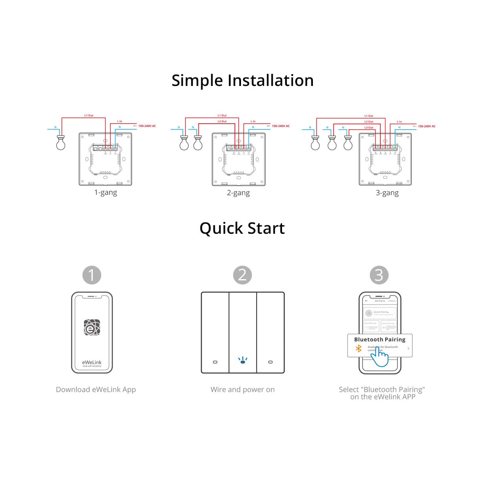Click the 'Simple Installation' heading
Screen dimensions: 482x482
tap(242, 80)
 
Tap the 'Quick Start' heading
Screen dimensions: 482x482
tap(242, 228)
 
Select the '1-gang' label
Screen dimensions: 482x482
tap(106, 192)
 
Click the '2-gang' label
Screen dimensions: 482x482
tap(238, 193)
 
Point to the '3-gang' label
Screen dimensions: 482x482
tap(387, 193)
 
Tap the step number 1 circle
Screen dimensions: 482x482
tap(92, 275)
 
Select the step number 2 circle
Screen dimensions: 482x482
tap(242, 275)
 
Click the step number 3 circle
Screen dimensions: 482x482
tap(379, 275)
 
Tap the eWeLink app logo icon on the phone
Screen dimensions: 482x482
tap(92, 327)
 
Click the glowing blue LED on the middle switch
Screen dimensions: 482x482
tap(243, 361)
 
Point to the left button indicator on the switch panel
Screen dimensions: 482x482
tap(215, 362)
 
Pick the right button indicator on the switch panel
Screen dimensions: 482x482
tap(270, 362)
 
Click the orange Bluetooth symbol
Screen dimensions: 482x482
tap(359, 349)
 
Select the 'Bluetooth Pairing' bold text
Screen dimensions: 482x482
tap(380, 339)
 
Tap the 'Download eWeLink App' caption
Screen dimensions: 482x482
tap(96, 389)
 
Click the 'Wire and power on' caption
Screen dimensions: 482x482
tap(242, 389)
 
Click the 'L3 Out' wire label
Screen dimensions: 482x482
tap(369, 127)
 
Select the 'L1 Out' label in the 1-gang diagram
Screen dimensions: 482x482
tap(89, 115)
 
